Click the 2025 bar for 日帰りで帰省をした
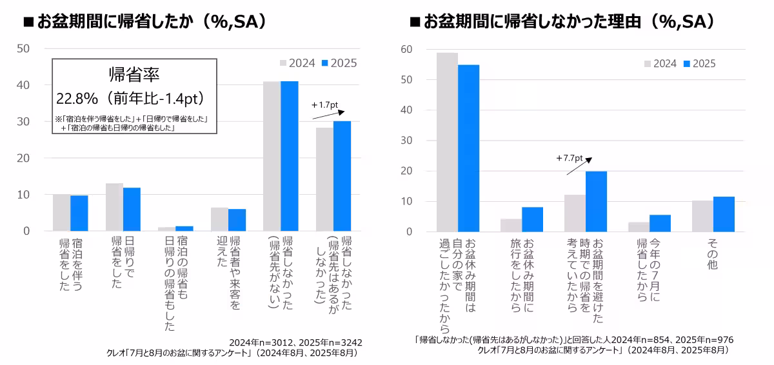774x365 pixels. pyautogui.click(x=132, y=210)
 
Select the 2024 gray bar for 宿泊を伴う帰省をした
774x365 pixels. pyautogui.click(x=61, y=212)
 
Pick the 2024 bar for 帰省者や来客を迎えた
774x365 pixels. pyautogui.click(x=219, y=219)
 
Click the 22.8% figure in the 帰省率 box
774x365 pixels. pyautogui.click(x=76, y=99)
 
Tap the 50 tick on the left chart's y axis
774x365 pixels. pyautogui.click(x=23, y=48)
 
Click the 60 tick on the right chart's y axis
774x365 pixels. pyautogui.click(x=406, y=49)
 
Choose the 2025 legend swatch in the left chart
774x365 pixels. pyautogui.click(x=326, y=63)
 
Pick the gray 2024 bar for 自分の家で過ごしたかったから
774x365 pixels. pyautogui.click(x=447, y=142)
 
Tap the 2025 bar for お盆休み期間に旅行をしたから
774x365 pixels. pyautogui.click(x=533, y=219)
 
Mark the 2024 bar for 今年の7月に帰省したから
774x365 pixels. pyautogui.click(x=639, y=227)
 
